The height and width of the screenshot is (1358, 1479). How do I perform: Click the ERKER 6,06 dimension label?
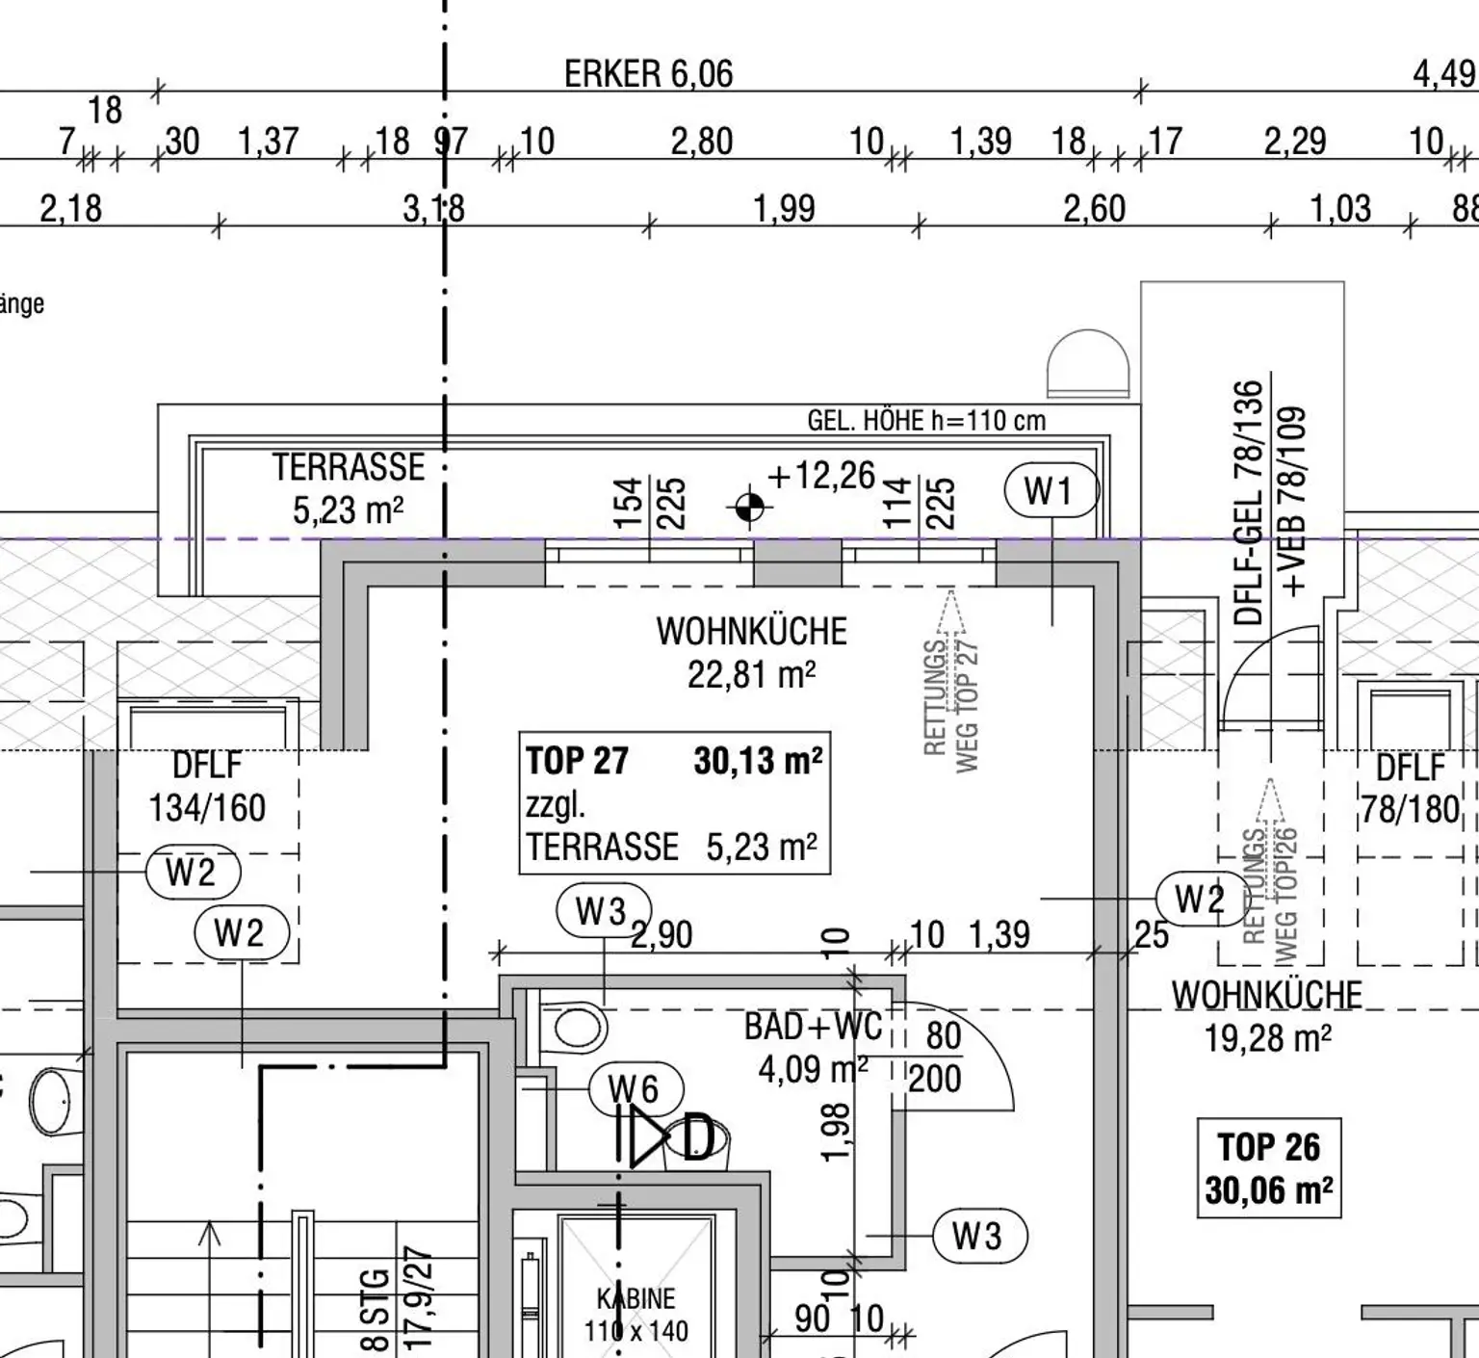[x=648, y=74]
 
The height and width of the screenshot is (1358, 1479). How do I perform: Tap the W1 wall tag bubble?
[x=1051, y=490]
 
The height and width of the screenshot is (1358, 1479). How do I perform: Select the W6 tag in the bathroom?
[x=636, y=1089]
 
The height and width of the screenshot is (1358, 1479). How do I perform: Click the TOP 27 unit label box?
[x=674, y=803]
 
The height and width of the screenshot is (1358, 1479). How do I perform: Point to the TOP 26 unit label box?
[x=1268, y=1168]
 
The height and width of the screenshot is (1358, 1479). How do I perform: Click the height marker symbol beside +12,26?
[x=749, y=507]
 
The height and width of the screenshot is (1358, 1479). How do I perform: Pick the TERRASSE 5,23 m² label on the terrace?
[x=348, y=488]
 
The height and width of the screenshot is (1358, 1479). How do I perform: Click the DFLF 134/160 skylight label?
[x=207, y=787]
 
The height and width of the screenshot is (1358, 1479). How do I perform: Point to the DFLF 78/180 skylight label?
[x=1410, y=789]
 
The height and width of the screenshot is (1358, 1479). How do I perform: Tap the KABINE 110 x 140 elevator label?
[x=636, y=1315]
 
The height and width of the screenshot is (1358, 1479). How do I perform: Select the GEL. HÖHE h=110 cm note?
[x=925, y=421]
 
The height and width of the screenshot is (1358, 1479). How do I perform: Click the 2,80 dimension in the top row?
[x=702, y=142]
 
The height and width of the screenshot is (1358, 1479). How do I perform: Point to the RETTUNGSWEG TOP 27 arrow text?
[x=951, y=693]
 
